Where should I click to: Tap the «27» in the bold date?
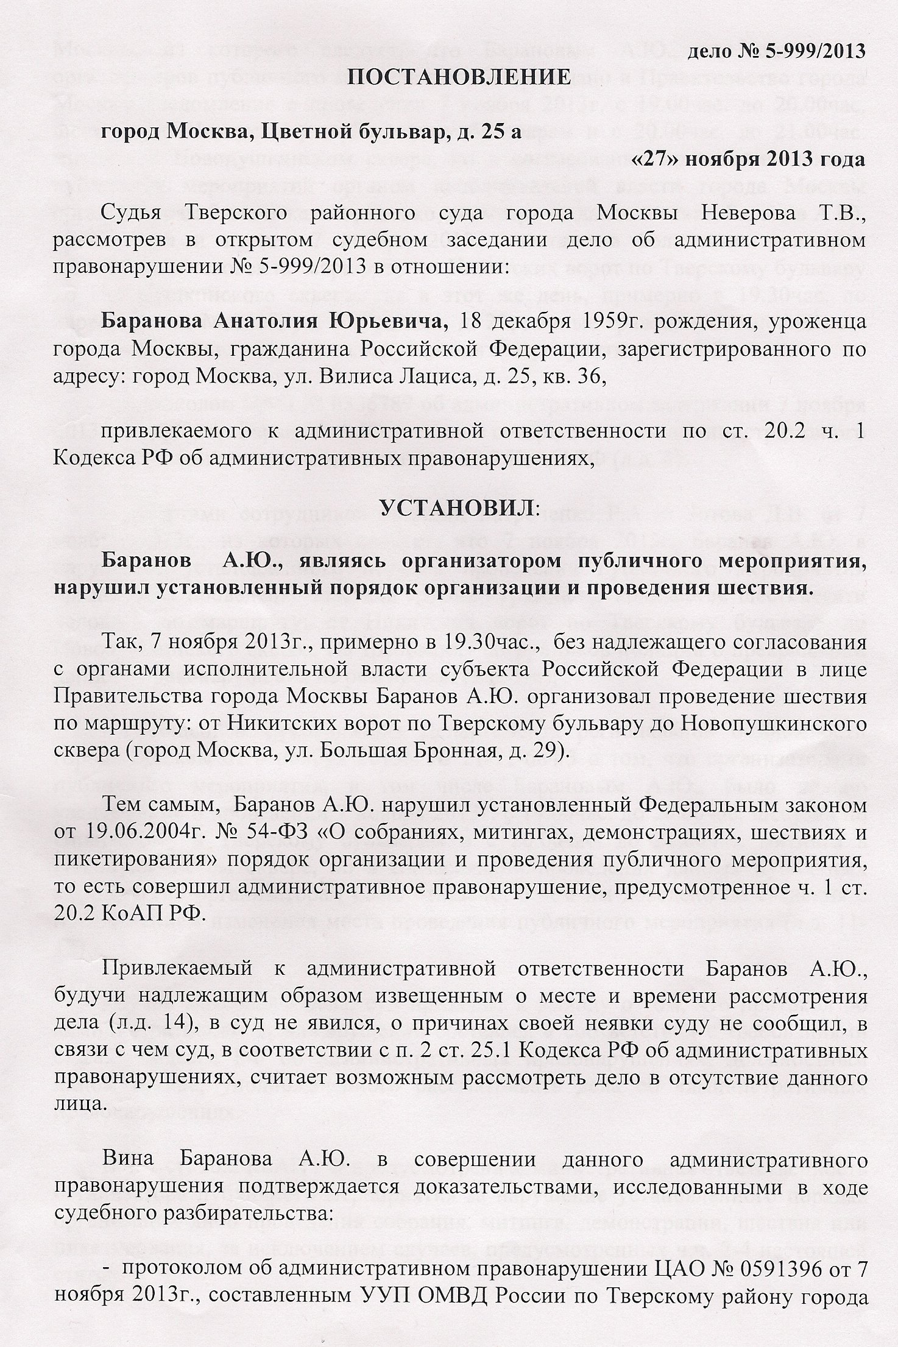coord(657,160)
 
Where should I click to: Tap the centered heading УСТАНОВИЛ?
coord(458,508)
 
